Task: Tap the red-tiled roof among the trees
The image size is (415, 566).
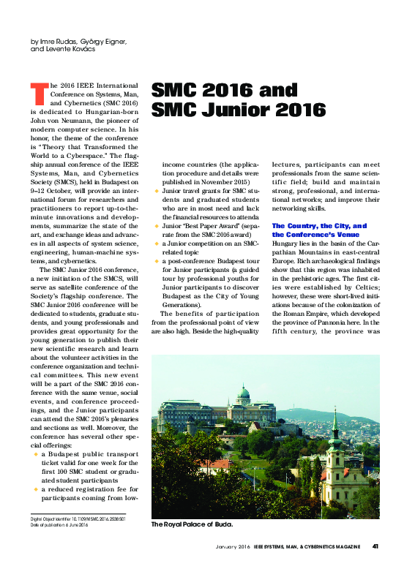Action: point(219,464)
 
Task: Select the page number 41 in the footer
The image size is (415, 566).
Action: point(375,545)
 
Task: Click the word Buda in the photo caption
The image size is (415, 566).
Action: point(220,524)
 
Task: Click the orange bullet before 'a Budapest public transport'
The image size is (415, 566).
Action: point(35,454)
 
